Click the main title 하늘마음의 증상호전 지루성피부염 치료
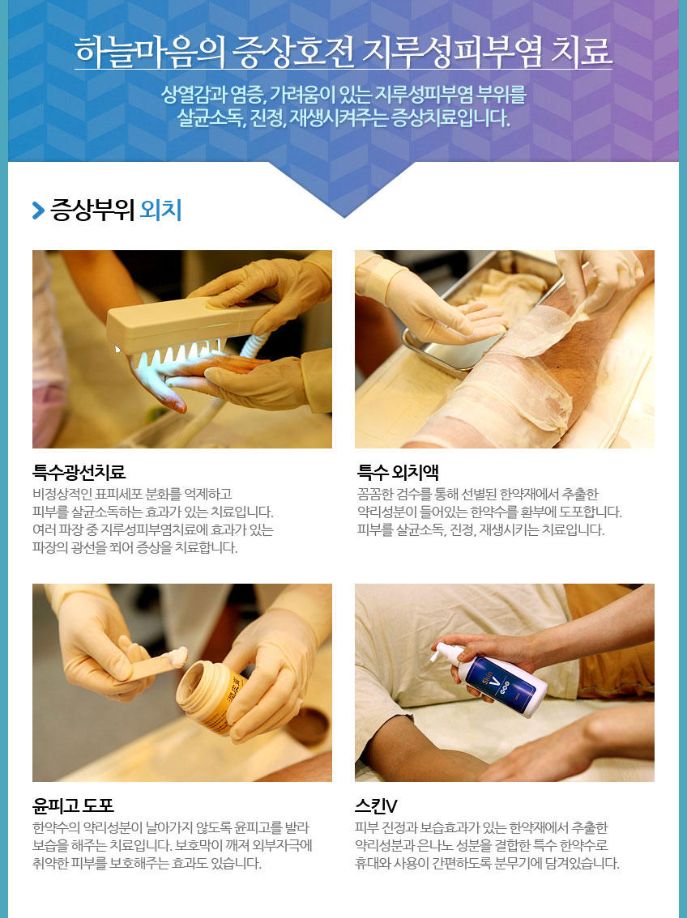click(x=343, y=52)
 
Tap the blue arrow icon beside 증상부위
click(x=39, y=210)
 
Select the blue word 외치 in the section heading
click(x=160, y=210)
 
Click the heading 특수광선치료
click(x=79, y=472)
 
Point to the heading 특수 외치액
click(x=399, y=472)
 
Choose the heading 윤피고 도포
click(x=73, y=806)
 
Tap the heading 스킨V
click(x=376, y=806)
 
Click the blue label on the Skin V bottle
click(x=501, y=680)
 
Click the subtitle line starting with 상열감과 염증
click(x=343, y=94)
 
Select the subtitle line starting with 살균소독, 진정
click(x=343, y=118)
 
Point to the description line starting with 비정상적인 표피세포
click(x=132, y=494)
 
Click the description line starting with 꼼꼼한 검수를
click(x=478, y=494)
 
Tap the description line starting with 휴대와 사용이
click(x=487, y=863)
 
